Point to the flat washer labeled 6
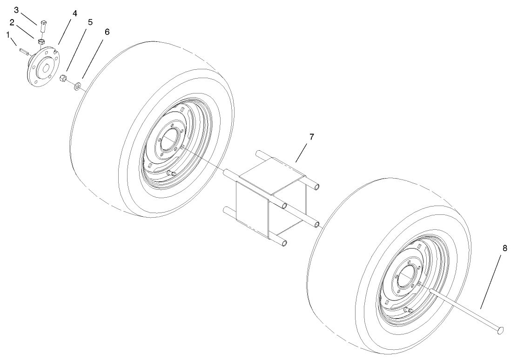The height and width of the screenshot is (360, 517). (78, 86)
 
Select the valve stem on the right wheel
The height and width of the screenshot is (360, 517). (408, 310)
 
